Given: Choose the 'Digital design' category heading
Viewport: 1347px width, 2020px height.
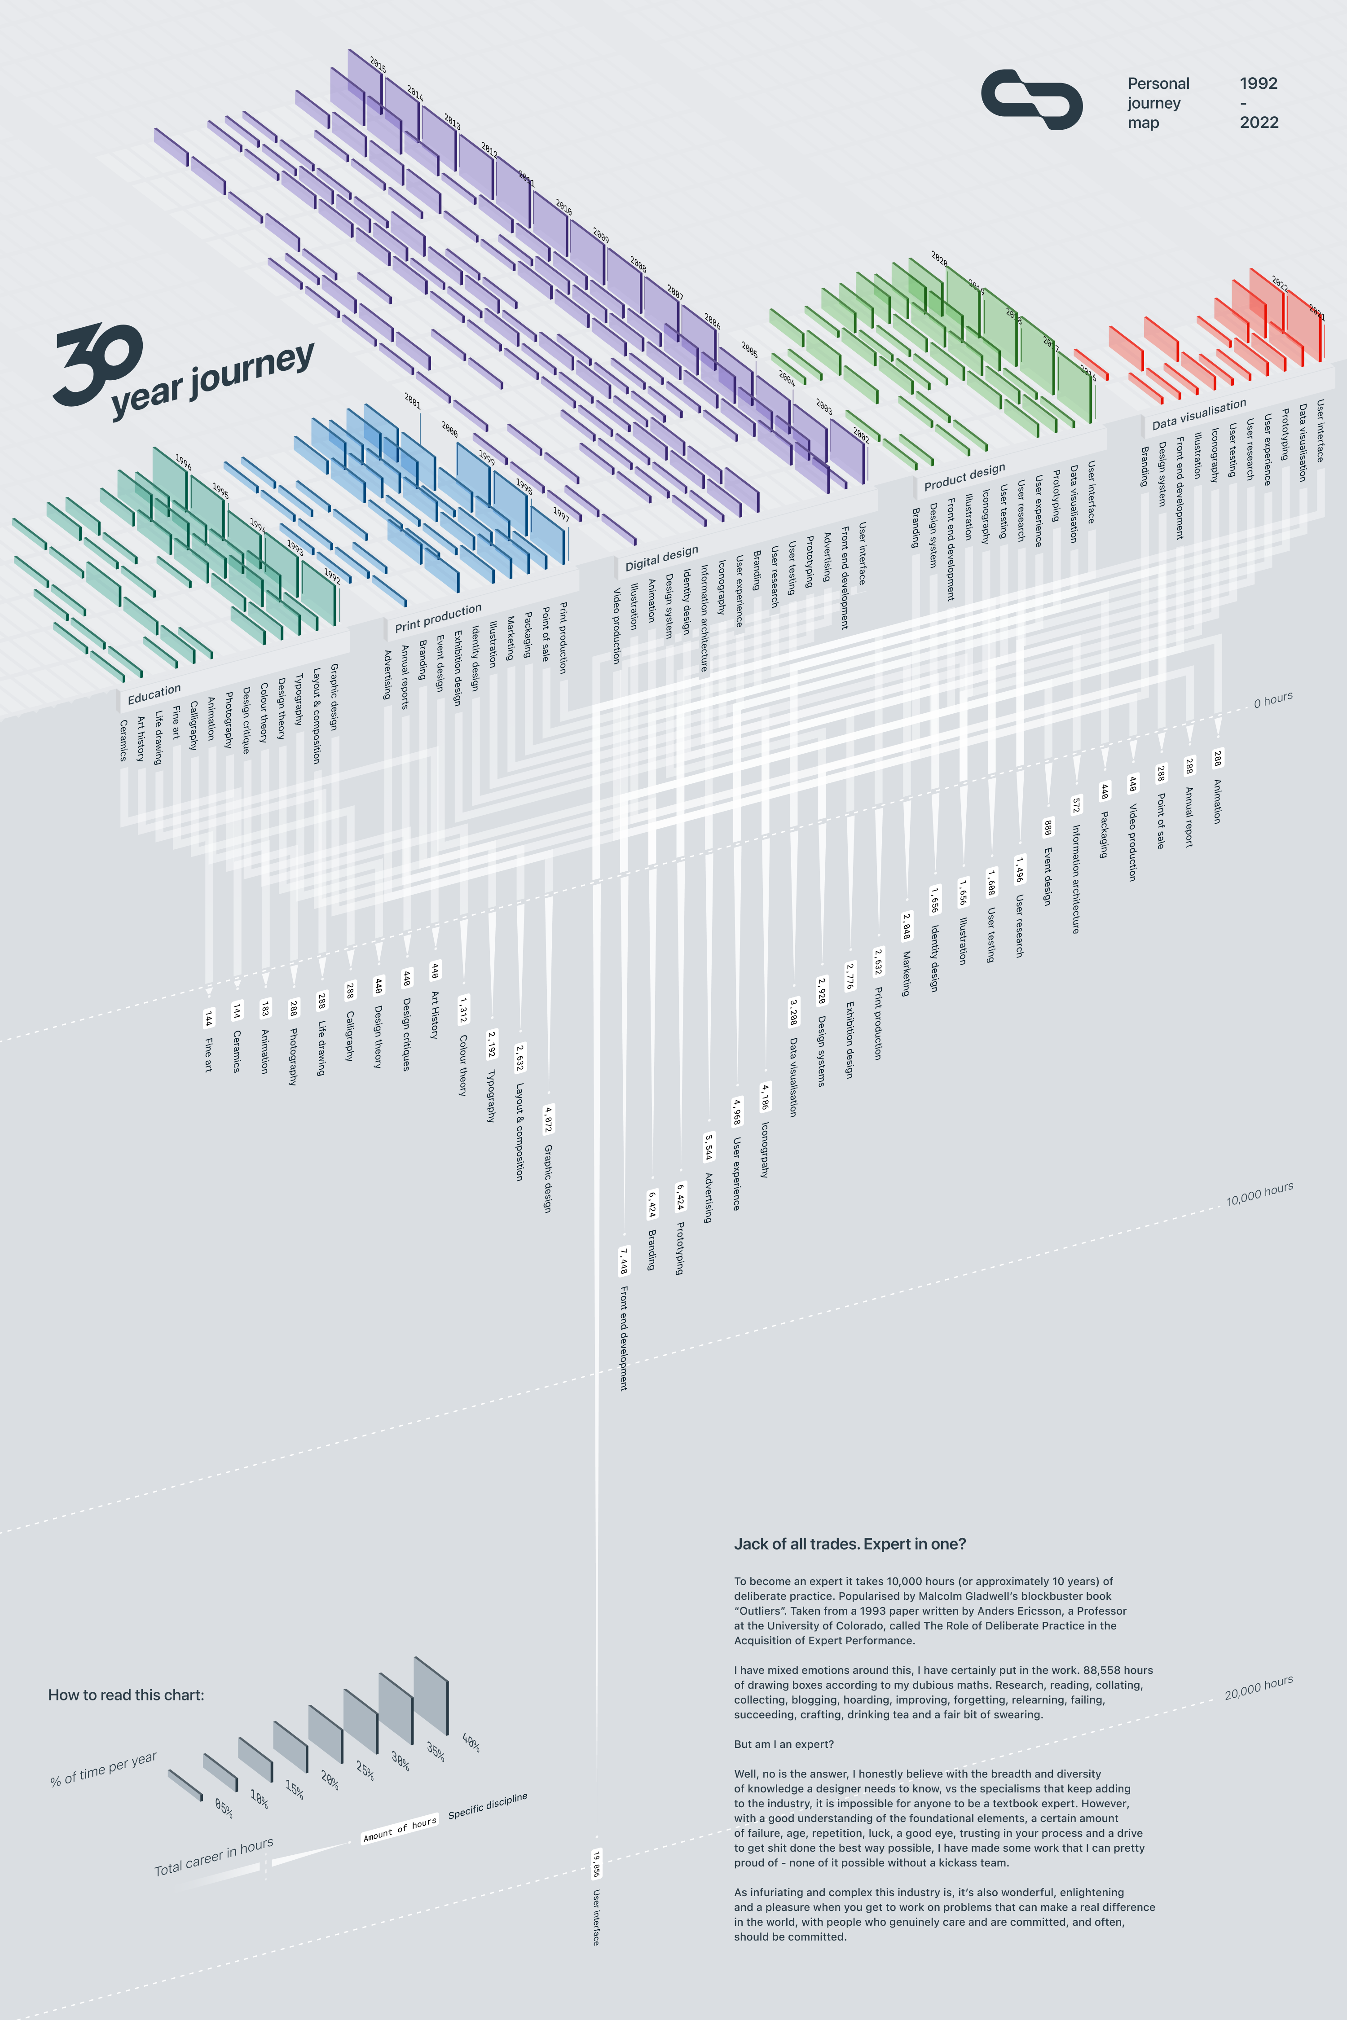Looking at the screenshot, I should [661, 558].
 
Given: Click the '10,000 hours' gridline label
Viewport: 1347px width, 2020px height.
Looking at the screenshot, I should [1259, 1194].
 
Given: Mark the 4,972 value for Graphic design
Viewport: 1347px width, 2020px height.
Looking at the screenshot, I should [548, 1119].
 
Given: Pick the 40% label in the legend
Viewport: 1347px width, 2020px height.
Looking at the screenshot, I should [471, 1743].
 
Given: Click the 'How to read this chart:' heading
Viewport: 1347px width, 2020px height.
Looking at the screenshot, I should [126, 1695].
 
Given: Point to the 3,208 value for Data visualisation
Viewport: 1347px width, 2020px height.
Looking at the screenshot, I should [793, 1012].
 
